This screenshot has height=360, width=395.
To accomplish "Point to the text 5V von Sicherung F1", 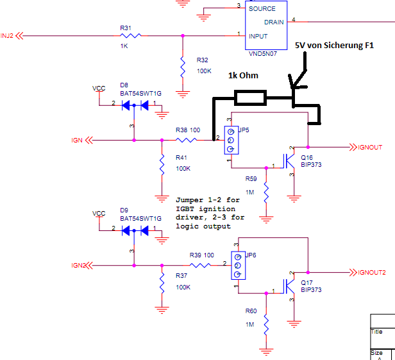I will click(x=333, y=46).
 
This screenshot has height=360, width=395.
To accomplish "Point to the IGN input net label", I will click(x=77, y=139).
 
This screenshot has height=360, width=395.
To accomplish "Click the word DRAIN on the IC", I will click(x=274, y=22).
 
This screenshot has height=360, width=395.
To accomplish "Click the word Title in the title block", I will click(x=377, y=332).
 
